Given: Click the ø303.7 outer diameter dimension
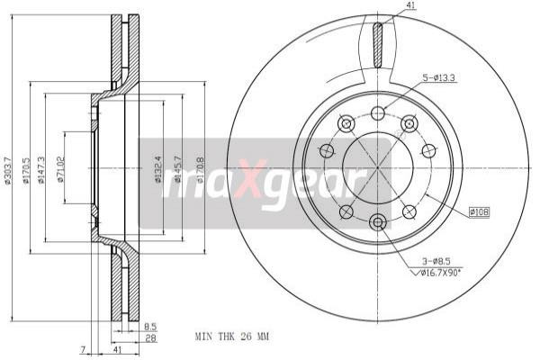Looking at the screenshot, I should point(8,169).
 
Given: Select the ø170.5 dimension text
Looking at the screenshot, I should point(27,169).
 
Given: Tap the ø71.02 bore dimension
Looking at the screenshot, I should point(60,169).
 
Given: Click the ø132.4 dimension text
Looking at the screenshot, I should point(157,167).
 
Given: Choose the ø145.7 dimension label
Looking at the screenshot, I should point(178,167).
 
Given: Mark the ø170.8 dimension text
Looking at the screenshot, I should point(200,167).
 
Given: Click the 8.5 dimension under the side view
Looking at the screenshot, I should point(150,327).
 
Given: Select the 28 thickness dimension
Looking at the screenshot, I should point(150,338).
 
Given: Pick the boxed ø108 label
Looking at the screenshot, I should point(478,212).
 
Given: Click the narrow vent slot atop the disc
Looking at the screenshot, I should point(378,42).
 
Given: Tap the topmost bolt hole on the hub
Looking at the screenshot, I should point(378,113).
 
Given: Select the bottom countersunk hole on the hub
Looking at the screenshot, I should point(378,221).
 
